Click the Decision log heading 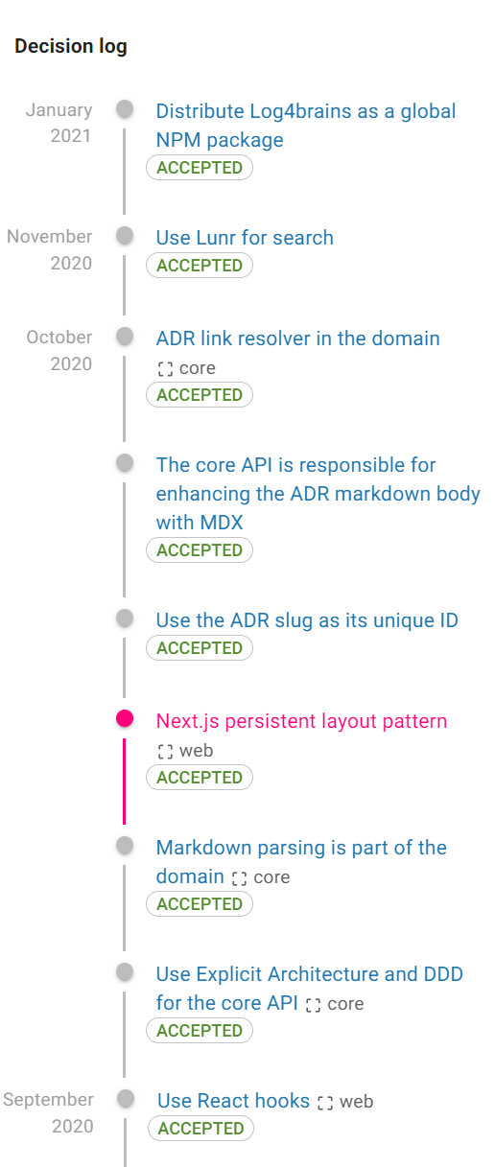coord(71,46)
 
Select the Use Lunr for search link coord(245,237)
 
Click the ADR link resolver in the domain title coord(297,338)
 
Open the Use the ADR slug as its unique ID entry coord(307,619)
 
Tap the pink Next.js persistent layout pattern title coord(301,720)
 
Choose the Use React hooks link coord(233,1100)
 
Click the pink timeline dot coord(124,718)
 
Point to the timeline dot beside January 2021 coord(124,109)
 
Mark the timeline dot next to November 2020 coord(124,235)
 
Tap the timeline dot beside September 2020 coord(125,1098)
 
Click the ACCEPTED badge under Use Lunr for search coord(200,266)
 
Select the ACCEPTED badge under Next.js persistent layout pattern coord(200,778)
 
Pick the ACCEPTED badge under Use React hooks coord(200,1129)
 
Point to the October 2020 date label coord(59,350)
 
